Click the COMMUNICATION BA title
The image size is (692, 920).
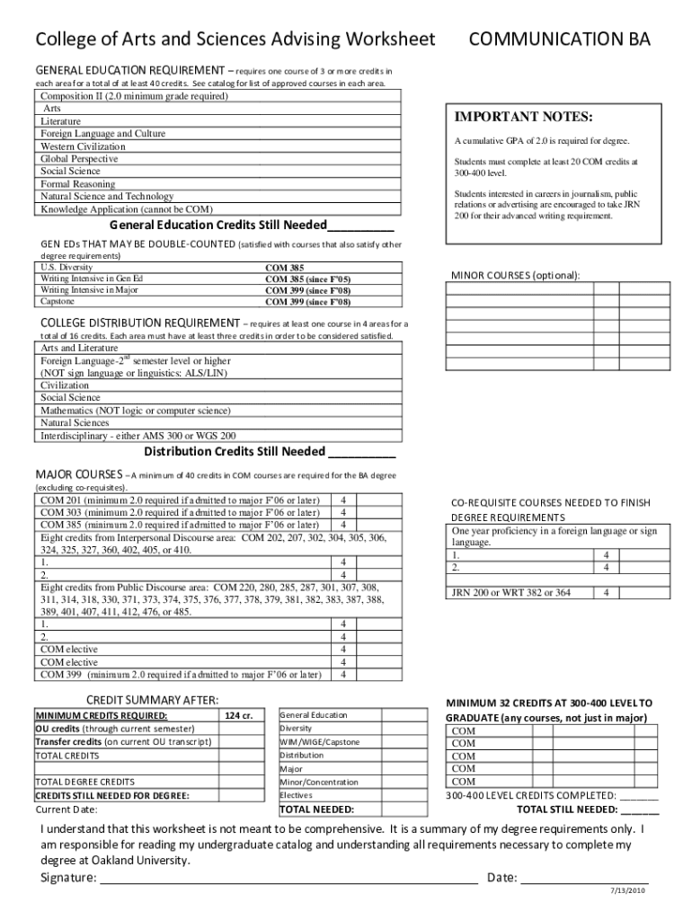(561, 40)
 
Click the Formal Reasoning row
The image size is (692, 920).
(78, 184)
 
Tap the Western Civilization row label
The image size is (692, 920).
(84, 146)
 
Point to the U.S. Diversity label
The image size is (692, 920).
(67, 268)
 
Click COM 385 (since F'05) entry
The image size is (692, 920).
(307, 279)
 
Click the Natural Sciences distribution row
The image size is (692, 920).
(75, 422)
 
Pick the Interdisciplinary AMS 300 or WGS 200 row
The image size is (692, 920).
(139, 435)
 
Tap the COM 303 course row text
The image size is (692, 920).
(180, 513)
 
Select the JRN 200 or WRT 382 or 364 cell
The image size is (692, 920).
(511, 592)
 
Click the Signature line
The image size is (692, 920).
(288, 878)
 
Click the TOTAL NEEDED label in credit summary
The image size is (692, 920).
(317, 809)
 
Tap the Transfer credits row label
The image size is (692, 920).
(123, 742)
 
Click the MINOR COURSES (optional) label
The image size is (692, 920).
(515, 275)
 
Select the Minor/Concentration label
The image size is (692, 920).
(319, 783)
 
